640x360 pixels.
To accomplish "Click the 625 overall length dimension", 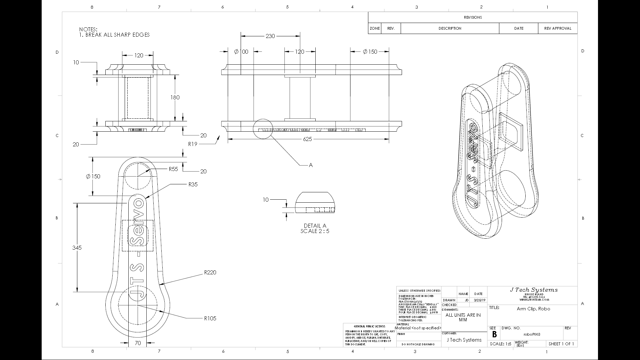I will pos(307,139).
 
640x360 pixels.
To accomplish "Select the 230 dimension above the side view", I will pos(270,36).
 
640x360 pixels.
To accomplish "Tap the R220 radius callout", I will pos(210,273).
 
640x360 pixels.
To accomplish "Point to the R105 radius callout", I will pos(210,319).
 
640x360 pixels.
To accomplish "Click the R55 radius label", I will pos(173,169).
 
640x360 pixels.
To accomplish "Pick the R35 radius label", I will pos(193,185).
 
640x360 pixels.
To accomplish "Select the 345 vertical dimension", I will pos(77,248).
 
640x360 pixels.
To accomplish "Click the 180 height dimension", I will pos(175,97).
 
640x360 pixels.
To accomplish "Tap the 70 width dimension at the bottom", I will pos(138,343).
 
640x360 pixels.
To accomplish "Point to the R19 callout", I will pos(193,144).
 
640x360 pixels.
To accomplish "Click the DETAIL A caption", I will pos(315,226).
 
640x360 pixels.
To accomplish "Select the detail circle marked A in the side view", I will pos(263,129).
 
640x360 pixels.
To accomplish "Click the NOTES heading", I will pos(88,30).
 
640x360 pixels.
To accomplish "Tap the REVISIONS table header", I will pos(473,17).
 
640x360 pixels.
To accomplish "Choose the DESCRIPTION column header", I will pos(450,28).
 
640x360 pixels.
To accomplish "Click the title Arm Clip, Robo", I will pos(533,309).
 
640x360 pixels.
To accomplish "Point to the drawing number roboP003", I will pos(532,334).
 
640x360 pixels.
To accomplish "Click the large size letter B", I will pos(494,335).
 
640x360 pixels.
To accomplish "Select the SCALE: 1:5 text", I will pos(500,344).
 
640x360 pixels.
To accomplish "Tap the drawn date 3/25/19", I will pos(479,300).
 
